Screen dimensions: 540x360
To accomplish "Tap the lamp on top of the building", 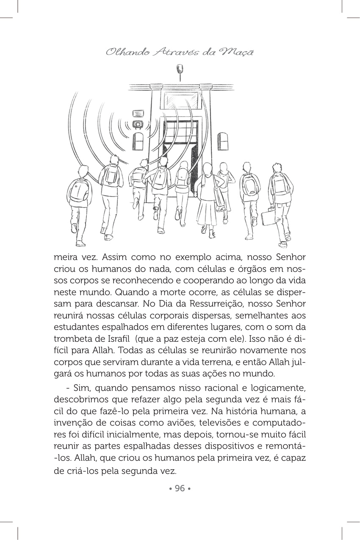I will [x=180, y=69].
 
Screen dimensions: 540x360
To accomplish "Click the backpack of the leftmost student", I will [x=78, y=191].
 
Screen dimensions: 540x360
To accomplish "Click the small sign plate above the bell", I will [x=138, y=113].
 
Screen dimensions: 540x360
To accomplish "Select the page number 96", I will [x=180, y=488].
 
